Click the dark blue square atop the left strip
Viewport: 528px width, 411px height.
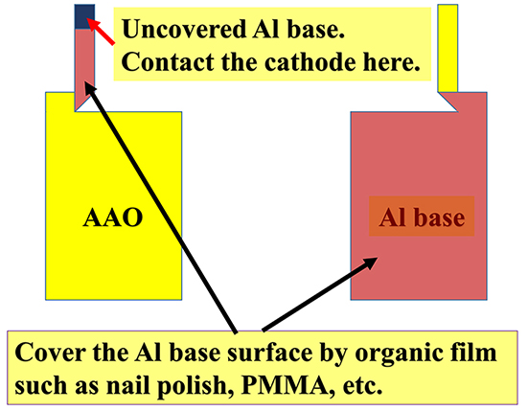tap(84, 16)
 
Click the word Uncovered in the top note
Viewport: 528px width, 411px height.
tap(184, 29)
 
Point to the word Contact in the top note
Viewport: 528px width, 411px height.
tap(168, 62)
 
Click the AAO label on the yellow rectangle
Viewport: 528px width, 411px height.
tap(113, 217)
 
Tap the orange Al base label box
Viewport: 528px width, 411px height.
tap(422, 217)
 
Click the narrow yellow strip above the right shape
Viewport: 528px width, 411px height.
tap(448, 48)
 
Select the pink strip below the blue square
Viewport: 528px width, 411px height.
tap(84, 69)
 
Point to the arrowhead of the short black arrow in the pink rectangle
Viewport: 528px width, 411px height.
tap(370, 263)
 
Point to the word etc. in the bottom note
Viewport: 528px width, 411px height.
tap(362, 386)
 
